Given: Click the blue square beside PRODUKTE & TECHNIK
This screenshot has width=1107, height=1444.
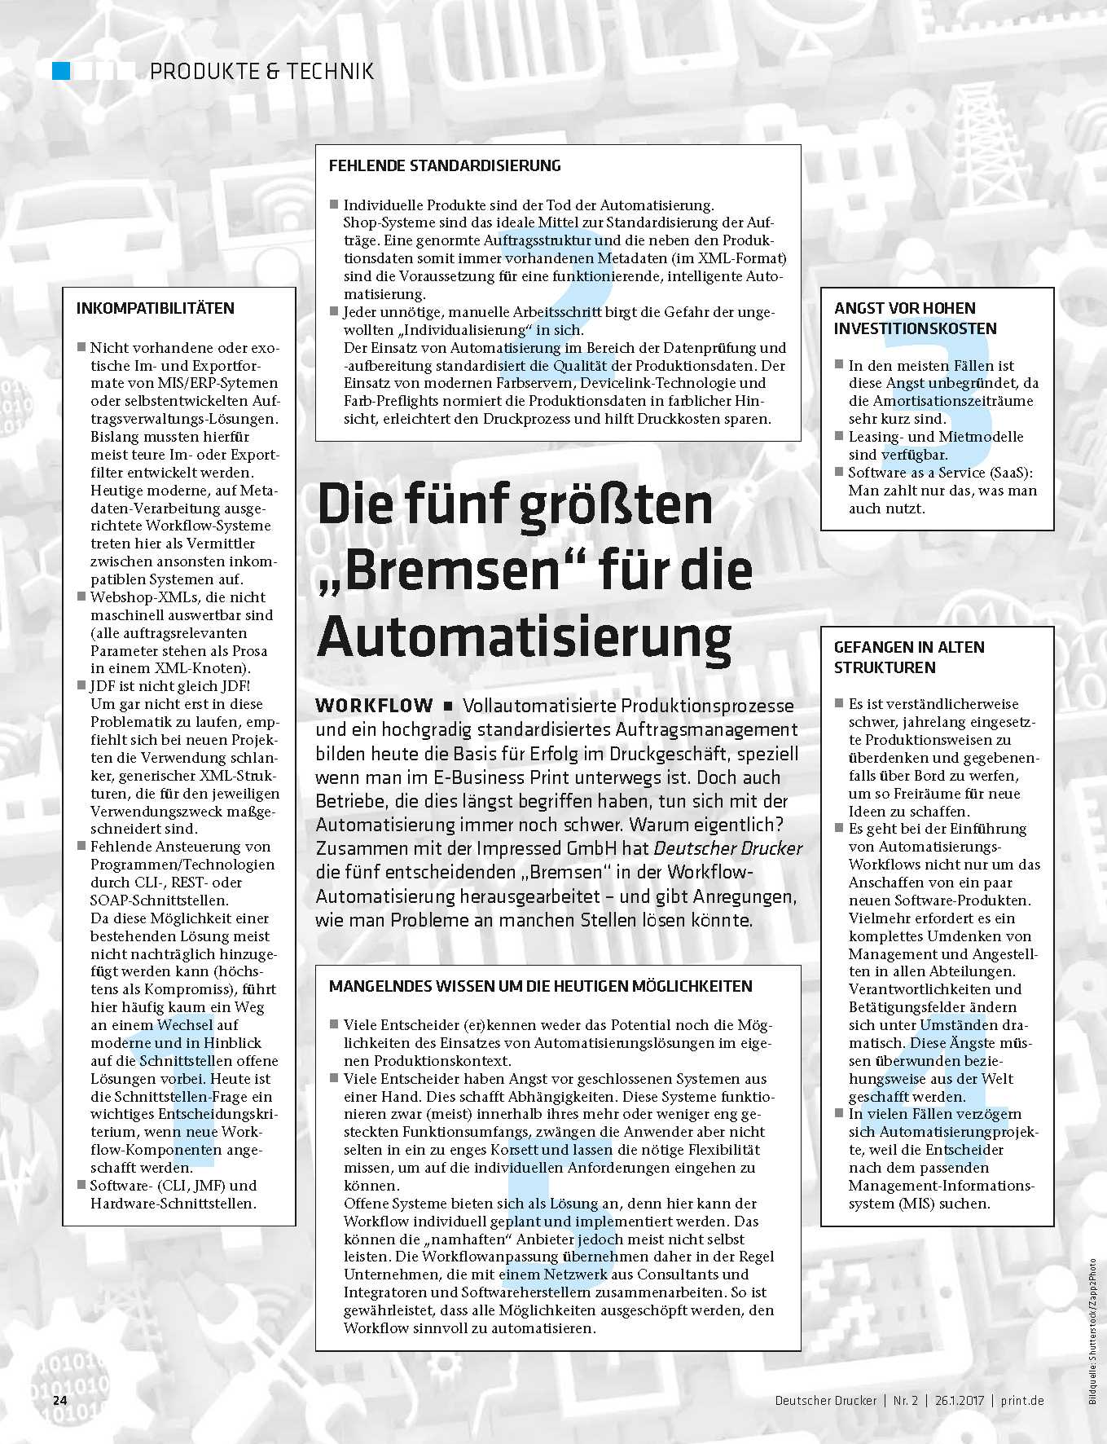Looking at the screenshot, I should click(62, 71).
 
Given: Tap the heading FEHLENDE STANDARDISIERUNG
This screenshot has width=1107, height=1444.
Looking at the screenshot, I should click(445, 165).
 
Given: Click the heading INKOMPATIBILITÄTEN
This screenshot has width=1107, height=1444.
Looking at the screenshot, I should click(155, 308).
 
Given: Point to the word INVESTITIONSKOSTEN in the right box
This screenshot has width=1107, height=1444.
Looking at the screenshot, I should click(915, 328).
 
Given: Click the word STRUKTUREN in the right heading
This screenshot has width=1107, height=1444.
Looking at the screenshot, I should click(885, 667).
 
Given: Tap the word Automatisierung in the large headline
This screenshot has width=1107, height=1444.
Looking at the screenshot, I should click(524, 637).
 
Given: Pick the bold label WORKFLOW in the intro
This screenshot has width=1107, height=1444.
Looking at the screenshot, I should click(374, 706).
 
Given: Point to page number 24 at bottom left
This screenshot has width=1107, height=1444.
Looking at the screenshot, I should click(59, 1401).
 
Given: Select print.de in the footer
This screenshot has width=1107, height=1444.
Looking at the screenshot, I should click(1022, 1401).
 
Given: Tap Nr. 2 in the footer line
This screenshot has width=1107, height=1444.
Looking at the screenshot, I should click(905, 1401).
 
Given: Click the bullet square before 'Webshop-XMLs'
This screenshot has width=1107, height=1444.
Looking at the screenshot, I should click(81, 597).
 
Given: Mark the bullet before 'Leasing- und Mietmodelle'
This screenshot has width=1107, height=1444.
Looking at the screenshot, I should click(839, 436).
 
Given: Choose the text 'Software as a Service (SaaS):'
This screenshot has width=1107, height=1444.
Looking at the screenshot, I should click(940, 473).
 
